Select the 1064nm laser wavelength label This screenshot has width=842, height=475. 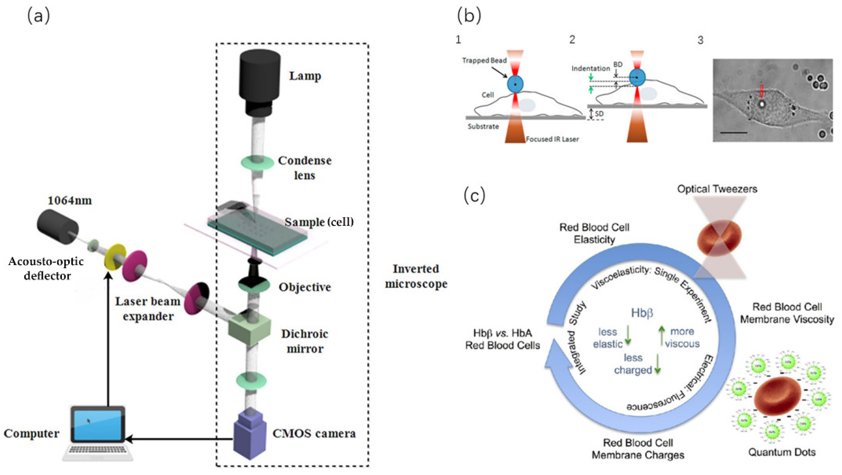70,200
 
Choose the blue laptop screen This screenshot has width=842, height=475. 97,424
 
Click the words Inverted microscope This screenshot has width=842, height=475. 416,276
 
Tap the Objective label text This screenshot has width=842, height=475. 305,287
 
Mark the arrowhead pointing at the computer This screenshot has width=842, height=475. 128,439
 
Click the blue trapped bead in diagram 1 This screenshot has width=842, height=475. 515,84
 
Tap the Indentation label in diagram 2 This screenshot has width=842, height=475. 591,69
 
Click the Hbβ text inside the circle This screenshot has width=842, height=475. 642,313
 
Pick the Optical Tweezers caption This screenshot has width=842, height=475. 717,189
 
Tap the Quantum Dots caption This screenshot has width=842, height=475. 782,452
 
